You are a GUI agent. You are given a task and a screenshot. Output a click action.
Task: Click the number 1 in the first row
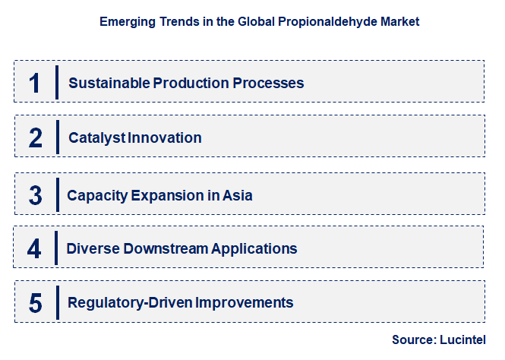(35, 82)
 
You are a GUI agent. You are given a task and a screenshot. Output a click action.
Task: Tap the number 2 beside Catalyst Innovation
(36, 137)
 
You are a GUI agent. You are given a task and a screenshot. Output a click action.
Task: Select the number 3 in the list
(36, 195)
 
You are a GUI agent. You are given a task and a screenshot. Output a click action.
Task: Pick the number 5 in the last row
(36, 303)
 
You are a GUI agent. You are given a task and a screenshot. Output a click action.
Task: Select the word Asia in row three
(238, 196)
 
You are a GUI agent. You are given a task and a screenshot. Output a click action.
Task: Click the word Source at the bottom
(411, 339)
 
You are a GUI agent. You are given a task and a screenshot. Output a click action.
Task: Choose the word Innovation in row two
(165, 138)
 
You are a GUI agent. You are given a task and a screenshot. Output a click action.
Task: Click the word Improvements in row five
(245, 303)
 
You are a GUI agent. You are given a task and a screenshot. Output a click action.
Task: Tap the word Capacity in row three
(96, 196)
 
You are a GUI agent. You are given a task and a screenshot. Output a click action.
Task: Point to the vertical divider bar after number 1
(57, 82)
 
